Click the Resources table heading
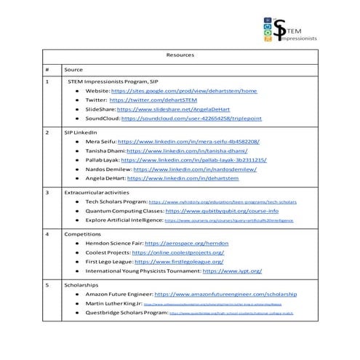pos(180,55)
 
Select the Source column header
pos(74,68)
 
